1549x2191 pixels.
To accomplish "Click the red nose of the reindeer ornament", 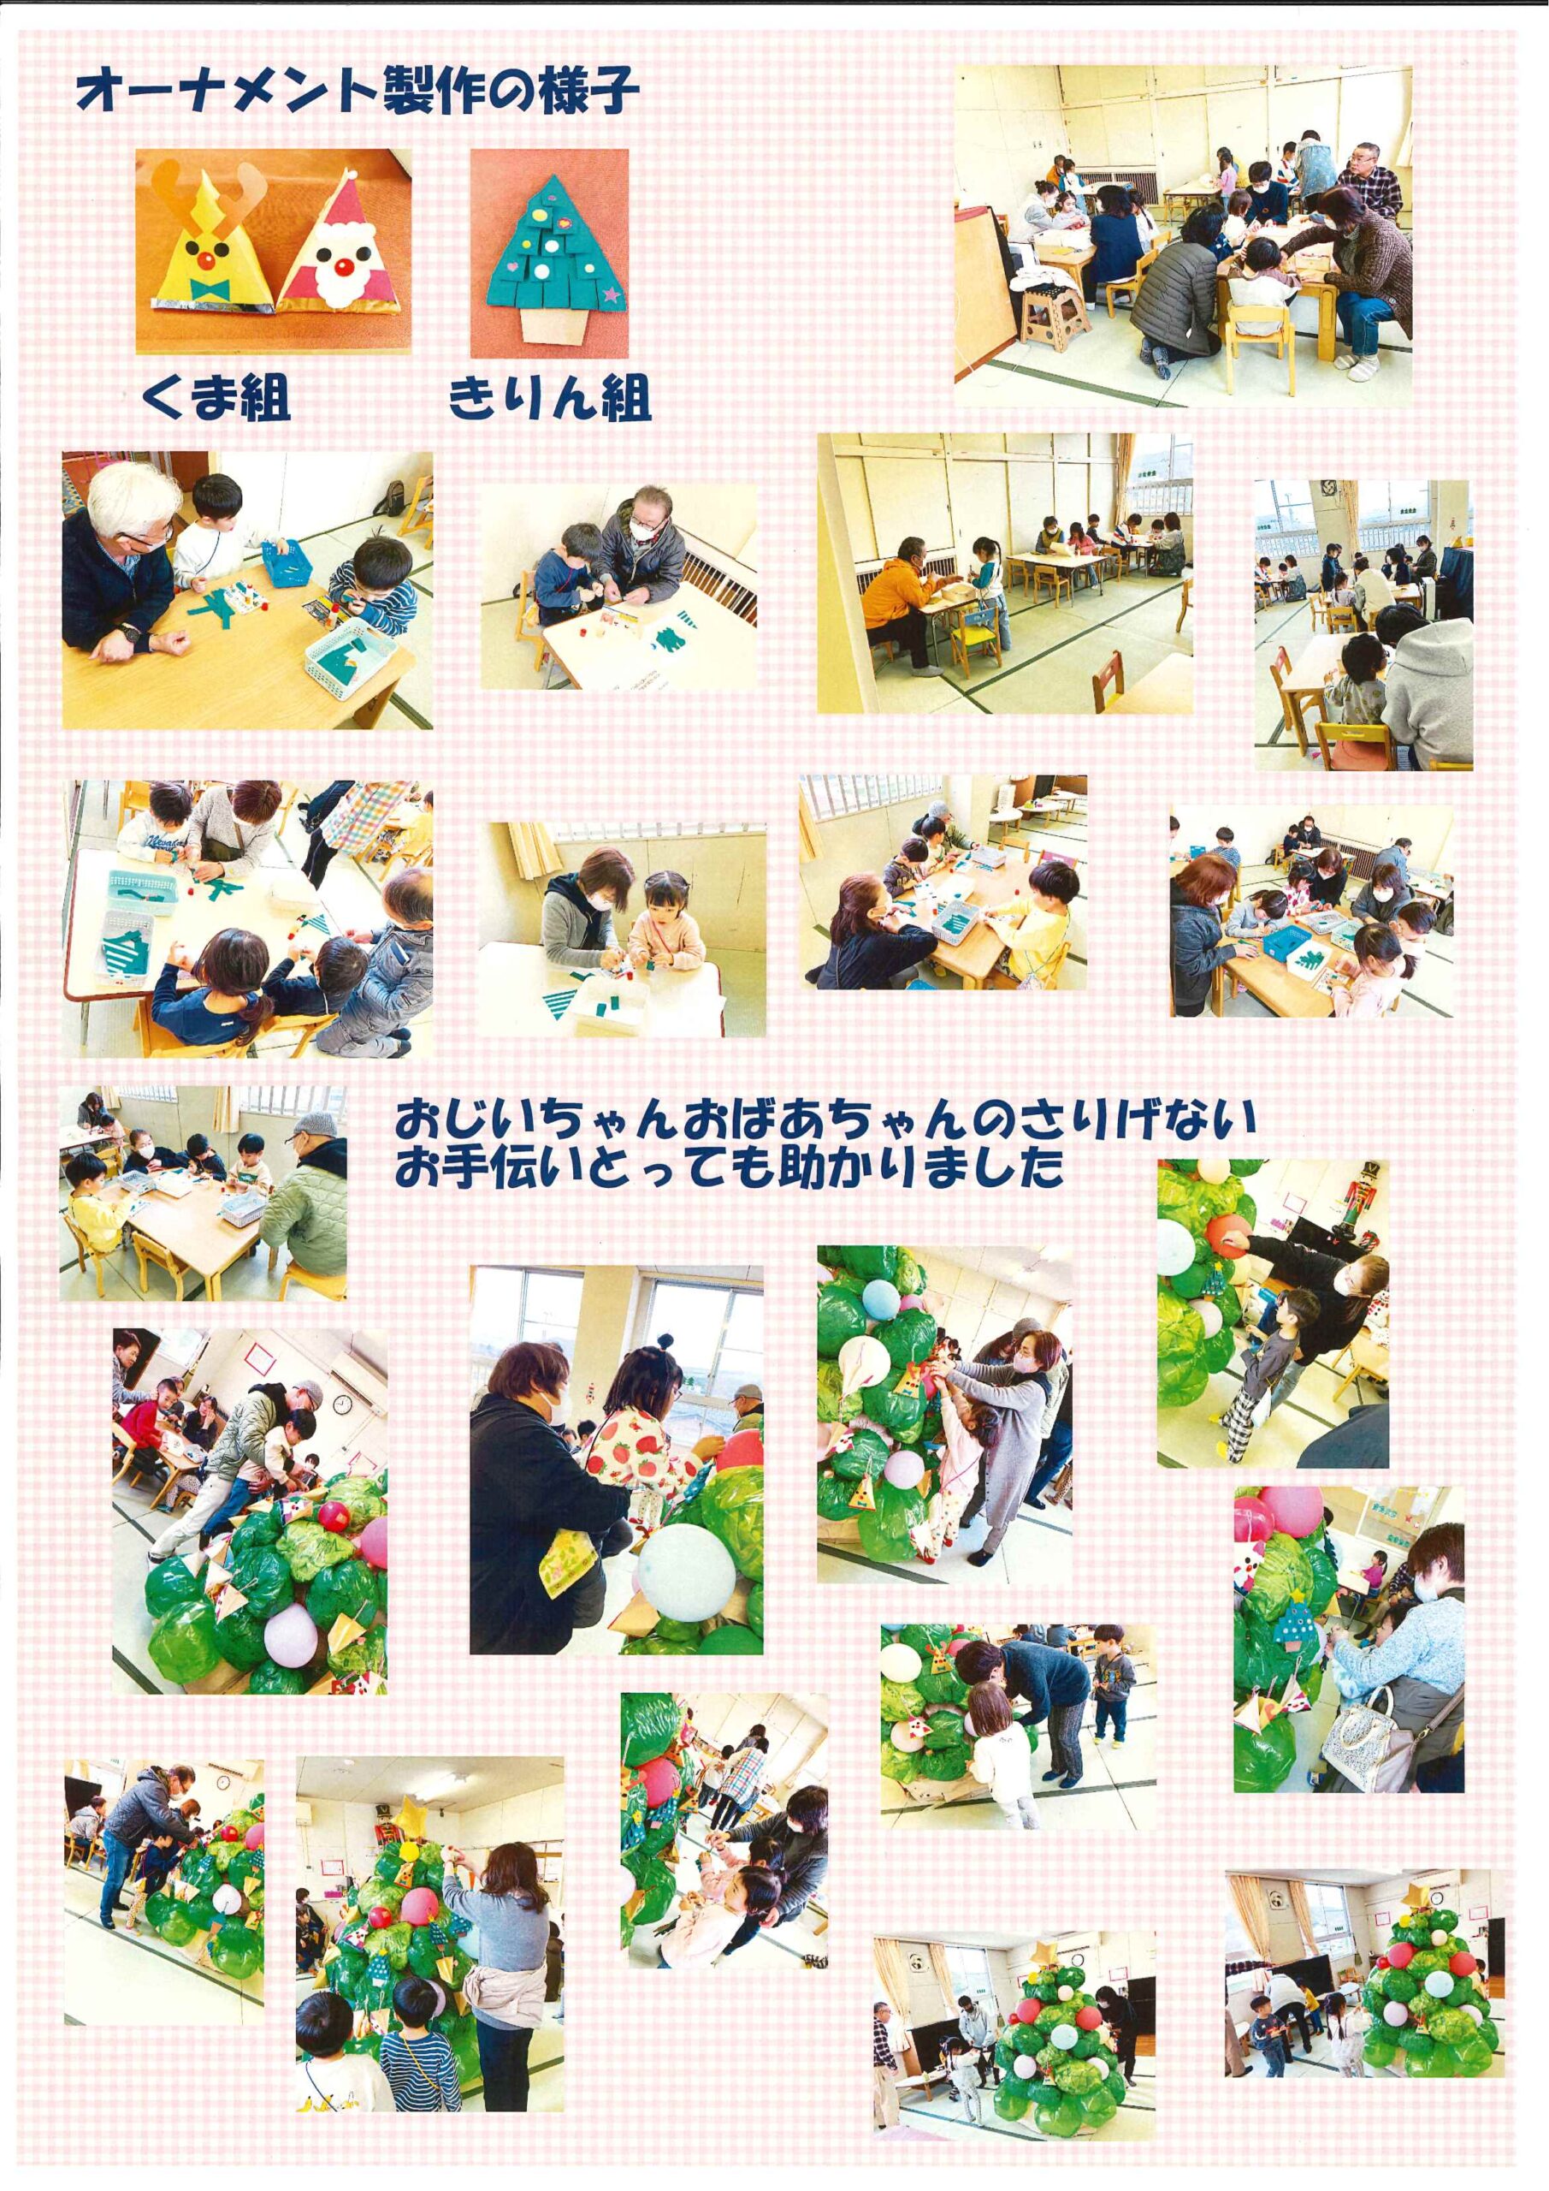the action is tap(209, 258).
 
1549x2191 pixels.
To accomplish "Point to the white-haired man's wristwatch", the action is tap(127, 632).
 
